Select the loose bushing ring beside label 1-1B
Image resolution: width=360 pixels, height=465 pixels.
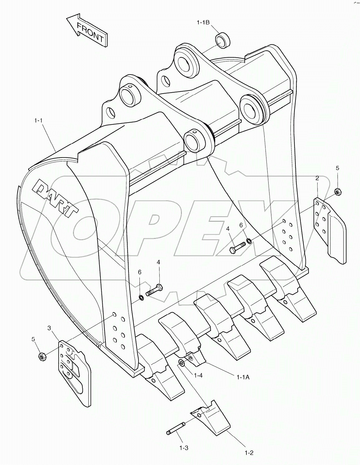click(x=222, y=40)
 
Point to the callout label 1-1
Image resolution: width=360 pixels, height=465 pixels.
click(x=38, y=120)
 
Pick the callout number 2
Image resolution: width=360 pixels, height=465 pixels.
click(x=317, y=178)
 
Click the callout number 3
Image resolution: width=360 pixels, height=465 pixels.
click(x=49, y=328)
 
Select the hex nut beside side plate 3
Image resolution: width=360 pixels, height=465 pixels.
click(x=42, y=356)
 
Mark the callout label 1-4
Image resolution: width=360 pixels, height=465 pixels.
click(x=198, y=375)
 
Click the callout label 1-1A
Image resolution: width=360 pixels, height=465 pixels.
click(x=243, y=377)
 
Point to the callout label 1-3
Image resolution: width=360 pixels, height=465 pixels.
click(x=184, y=448)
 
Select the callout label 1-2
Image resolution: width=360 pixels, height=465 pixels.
click(x=249, y=453)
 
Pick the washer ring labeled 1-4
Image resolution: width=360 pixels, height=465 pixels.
click(x=181, y=363)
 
